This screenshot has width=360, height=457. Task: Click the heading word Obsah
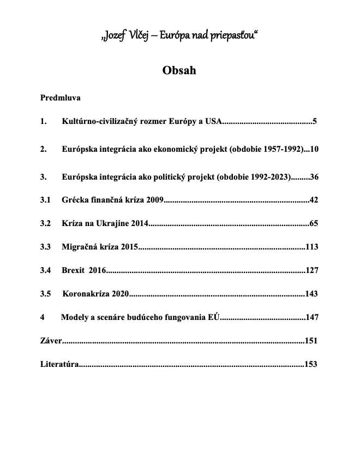coord(179,71)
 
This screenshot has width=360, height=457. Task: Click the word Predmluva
coord(61,98)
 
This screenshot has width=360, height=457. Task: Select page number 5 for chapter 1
coord(315,121)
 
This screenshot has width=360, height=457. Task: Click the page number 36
coord(314,177)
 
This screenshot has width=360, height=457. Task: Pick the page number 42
coord(314,200)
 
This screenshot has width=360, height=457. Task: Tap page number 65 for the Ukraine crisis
coord(314,223)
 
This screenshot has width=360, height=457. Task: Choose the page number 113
coord(312,247)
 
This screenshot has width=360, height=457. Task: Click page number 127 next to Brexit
coord(312,270)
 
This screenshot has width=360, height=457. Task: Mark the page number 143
coord(311,294)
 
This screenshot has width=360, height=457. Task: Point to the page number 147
coord(311,317)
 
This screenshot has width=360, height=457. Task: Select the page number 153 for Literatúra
coord(311,364)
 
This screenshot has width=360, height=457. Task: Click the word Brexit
coord(73,270)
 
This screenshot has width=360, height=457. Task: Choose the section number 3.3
coord(46,247)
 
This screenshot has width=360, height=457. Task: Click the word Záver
coord(51,341)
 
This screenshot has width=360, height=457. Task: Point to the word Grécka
coord(75,200)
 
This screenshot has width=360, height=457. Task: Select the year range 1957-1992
coord(281,149)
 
